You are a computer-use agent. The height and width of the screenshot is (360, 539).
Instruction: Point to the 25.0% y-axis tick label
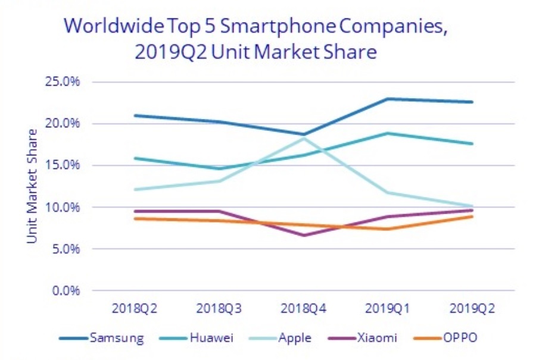point(63,82)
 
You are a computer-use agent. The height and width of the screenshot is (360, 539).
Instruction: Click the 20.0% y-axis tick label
point(63,123)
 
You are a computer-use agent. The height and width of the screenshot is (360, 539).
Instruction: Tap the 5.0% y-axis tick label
point(65,249)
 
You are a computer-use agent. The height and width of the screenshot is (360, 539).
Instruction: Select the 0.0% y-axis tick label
point(65,291)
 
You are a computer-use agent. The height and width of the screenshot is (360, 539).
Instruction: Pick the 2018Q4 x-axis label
point(304,309)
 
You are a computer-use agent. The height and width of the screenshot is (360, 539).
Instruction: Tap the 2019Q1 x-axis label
point(387,309)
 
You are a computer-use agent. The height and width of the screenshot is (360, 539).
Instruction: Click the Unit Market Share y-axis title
point(32,186)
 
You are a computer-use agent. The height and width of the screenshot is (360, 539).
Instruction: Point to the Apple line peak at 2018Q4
point(304,138)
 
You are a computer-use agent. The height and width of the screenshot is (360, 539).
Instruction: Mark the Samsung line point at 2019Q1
point(387,99)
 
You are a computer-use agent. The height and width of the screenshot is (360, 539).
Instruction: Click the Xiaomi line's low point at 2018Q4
point(304,235)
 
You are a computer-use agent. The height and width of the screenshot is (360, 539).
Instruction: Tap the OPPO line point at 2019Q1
point(387,229)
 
